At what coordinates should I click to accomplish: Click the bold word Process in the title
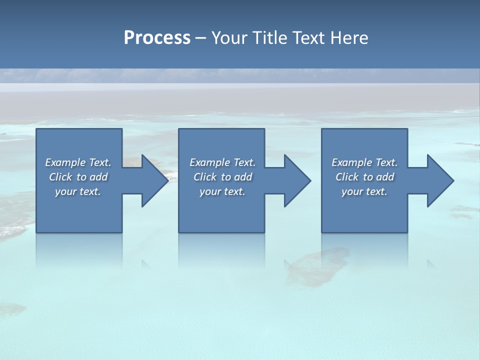tap(157, 38)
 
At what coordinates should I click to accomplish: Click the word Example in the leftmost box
tap(65, 162)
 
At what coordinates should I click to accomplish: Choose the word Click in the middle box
tap(205, 177)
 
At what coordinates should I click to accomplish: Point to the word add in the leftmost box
tap(99, 177)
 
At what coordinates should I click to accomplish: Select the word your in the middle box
tap(210, 191)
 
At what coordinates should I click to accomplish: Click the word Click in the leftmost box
tap(60, 177)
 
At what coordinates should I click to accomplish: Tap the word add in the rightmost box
tap(385, 177)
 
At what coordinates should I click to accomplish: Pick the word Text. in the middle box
tap(244, 162)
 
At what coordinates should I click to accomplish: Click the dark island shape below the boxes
tap(315, 265)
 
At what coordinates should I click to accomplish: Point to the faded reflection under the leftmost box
tap(79, 250)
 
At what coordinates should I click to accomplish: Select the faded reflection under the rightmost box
tap(364, 250)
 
